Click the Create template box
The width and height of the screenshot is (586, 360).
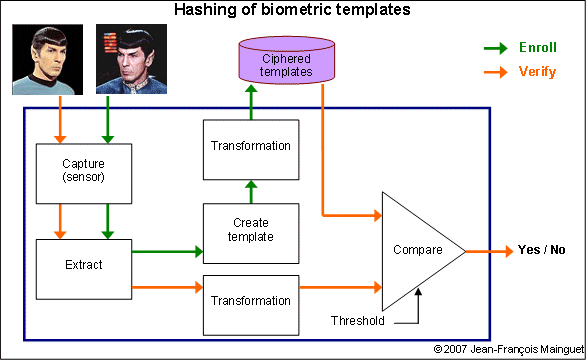[x=250, y=229]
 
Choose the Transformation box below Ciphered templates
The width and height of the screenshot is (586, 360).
[x=250, y=146]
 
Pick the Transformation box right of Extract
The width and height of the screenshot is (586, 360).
[x=250, y=299]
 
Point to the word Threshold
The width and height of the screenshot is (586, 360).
[x=357, y=322]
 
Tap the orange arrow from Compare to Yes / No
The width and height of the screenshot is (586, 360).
[x=488, y=250]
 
